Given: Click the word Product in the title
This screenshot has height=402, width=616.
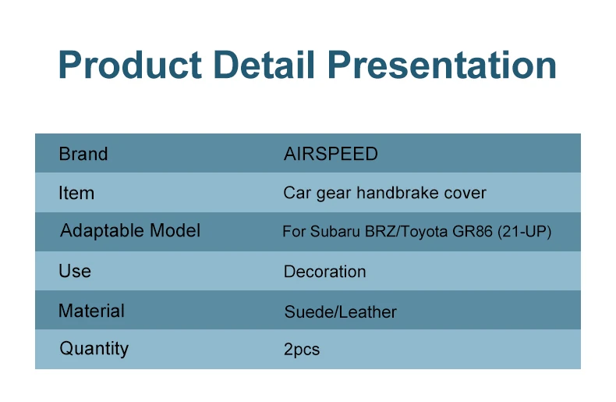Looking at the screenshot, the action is pyautogui.click(x=130, y=65).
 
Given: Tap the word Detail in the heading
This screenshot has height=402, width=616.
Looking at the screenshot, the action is pyautogui.click(x=265, y=64).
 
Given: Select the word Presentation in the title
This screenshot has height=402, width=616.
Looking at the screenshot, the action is pyautogui.click(x=442, y=65).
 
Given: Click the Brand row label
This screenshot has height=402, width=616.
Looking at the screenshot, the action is pyautogui.click(x=83, y=154).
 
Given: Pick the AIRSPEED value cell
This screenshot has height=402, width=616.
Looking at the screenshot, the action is pyautogui.click(x=331, y=154).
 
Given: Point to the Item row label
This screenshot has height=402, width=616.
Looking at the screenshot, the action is pyautogui.click(x=76, y=193).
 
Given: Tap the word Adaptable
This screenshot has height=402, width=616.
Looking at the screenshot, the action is pyautogui.click(x=102, y=231).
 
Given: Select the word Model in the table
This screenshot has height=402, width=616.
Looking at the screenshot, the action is pyautogui.click(x=175, y=230).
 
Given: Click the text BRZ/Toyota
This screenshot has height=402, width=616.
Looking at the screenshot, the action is pyautogui.click(x=406, y=232).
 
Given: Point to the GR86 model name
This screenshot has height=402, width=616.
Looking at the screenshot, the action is pyautogui.click(x=473, y=232).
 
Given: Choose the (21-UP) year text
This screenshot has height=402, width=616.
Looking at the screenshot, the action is pyautogui.click(x=525, y=232).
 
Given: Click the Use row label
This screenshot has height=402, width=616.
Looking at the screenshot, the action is pyautogui.click(x=75, y=272).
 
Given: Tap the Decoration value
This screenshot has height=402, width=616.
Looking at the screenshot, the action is pyautogui.click(x=324, y=272).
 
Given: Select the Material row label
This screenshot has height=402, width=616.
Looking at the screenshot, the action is pyautogui.click(x=91, y=311).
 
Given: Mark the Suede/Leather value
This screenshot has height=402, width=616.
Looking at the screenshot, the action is pyautogui.click(x=340, y=312).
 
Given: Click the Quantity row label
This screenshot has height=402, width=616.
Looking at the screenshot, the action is pyautogui.click(x=94, y=349).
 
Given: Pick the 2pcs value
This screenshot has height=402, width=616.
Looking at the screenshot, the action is pyautogui.click(x=302, y=350).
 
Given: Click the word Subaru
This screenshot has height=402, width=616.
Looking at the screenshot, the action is pyautogui.click(x=335, y=232).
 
